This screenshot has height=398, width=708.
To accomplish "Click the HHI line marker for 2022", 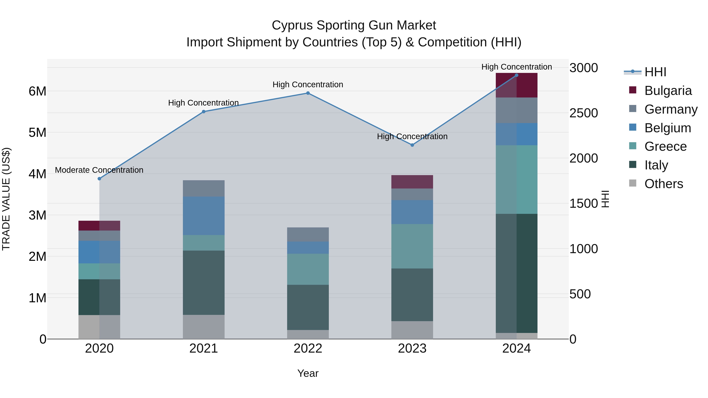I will point(308,93).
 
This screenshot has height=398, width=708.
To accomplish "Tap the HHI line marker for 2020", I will point(100,178).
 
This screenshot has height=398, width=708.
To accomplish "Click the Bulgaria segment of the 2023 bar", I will point(412,182).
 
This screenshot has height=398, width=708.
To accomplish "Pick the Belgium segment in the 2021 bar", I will point(204,216).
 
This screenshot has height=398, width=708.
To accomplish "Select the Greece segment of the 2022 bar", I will point(308,269).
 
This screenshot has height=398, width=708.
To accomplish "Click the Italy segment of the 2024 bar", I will point(516,273).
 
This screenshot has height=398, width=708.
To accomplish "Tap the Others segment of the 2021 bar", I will point(204,327).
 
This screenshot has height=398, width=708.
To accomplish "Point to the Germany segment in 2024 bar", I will point(516,110).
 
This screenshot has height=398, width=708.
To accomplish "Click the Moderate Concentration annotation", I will point(99,170).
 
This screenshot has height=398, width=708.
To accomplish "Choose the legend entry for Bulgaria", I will point(668,91).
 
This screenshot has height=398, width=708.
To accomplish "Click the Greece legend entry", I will point(665,146).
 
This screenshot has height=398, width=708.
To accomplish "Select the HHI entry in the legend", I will point(655,72).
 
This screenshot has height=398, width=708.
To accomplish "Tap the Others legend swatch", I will point(633,183).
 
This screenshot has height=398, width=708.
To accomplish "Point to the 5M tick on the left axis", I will point(37,133).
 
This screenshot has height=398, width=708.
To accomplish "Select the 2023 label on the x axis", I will point(412,348).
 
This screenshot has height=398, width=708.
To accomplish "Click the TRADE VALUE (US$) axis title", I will point(6,199).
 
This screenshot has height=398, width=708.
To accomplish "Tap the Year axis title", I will point(308,373).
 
